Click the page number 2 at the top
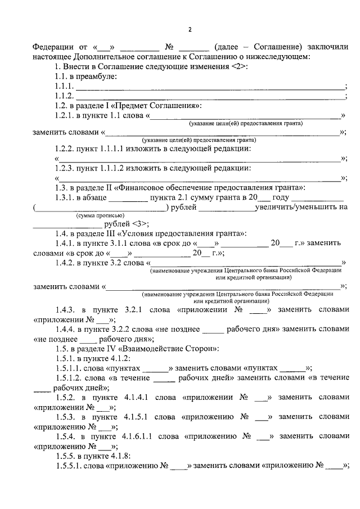[190, 29]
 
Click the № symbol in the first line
[168, 47]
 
